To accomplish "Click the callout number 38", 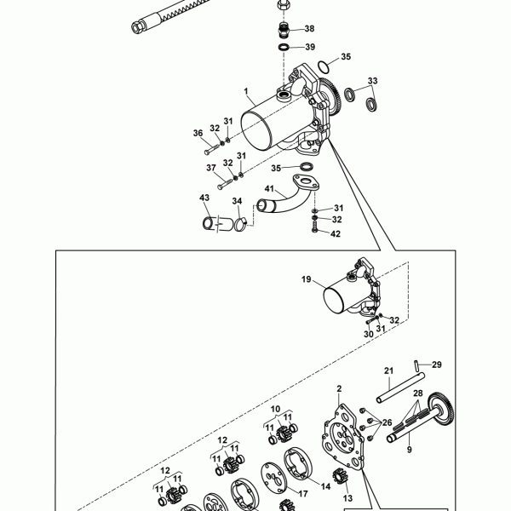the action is click(309, 29).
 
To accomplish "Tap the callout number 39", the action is click(310, 47).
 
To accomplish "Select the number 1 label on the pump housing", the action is click(246, 91).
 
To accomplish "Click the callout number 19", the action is click(306, 279).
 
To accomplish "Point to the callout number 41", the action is click(269, 189).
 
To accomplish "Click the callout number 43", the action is click(204, 198).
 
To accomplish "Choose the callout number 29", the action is click(437, 365).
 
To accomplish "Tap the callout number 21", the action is click(389, 370).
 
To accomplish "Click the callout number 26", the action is click(387, 422).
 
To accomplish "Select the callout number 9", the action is click(410, 450).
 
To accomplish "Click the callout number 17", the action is click(303, 494).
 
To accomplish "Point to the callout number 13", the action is click(347, 498).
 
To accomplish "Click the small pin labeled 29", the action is click(416, 365).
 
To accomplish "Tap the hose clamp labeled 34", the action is click(239, 224).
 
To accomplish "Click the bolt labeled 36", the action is click(211, 149).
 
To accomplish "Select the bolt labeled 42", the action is click(314, 227).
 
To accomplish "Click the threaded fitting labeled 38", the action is click(284, 30).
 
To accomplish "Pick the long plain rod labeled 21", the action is click(400, 388).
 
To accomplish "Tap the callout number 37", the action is click(211, 168).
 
